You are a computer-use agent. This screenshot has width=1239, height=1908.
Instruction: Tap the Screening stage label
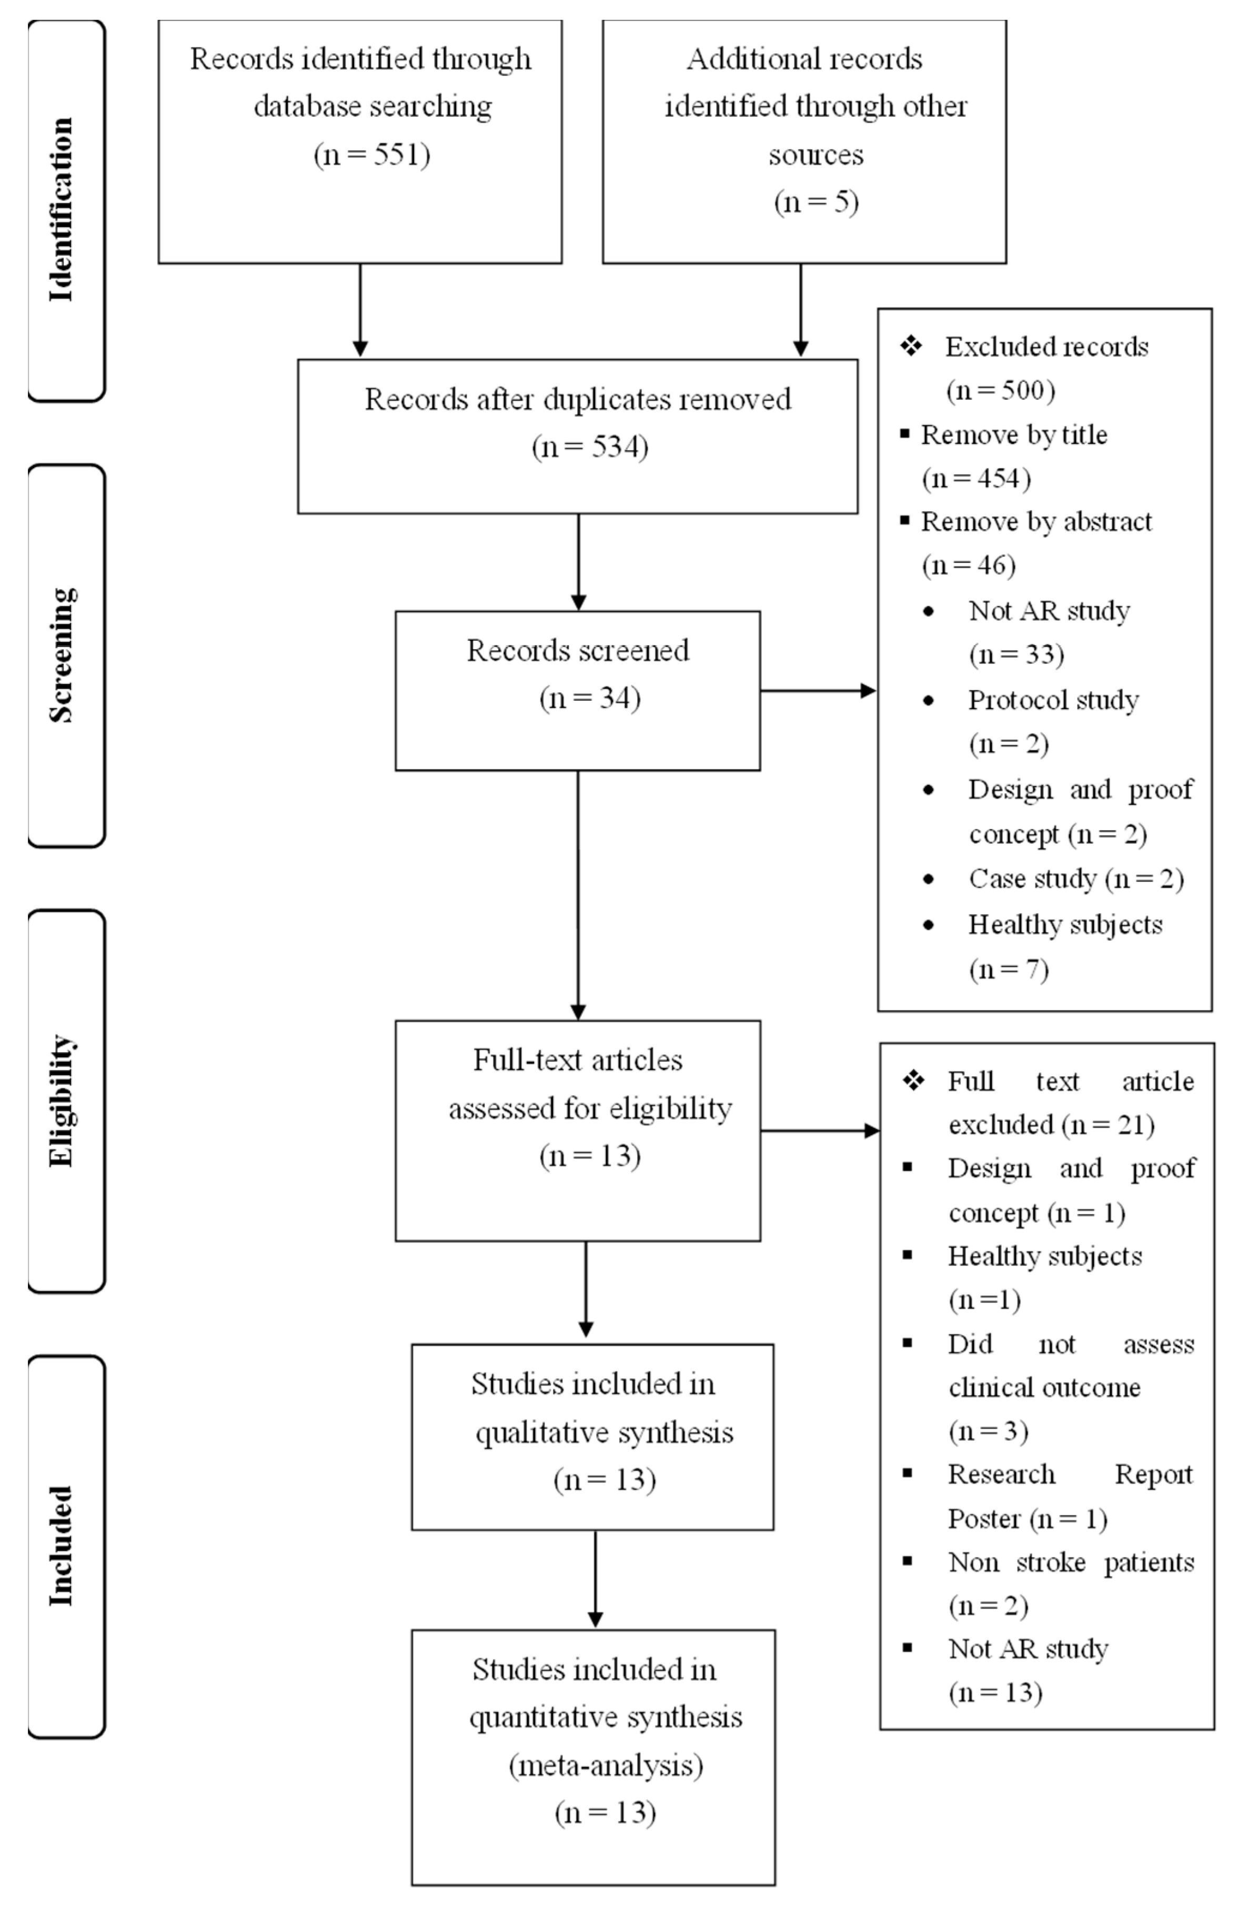pyautogui.click(x=62, y=655)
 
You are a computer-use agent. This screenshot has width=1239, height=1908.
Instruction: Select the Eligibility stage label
pyautogui.click(x=62, y=1101)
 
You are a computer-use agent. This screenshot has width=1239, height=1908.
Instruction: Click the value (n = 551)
pyautogui.click(x=371, y=154)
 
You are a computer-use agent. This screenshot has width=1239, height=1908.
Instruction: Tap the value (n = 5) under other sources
pyautogui.click(x=815, y=201)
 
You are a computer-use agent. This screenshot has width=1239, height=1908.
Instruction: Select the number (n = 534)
pyautogui.click(x=589, y=447)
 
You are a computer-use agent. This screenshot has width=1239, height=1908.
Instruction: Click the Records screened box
pyautogui.click(x=577, y=690)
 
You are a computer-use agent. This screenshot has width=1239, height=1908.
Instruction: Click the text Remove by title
pyautogui.click(x=1014, y=435)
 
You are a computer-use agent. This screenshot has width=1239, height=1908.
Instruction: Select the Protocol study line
pyautogui.click(x=1052, y=700)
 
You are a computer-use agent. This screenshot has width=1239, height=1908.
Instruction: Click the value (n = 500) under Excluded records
pyautogui.click(x=1000, y=390)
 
